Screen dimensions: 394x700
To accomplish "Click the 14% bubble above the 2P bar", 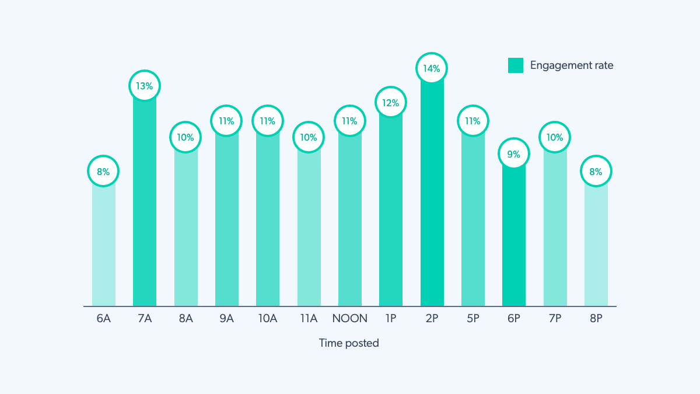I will pyautogui.click(x=432, y=68).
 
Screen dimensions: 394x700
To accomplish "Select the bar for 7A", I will pyautogui.click(x=145, y=204).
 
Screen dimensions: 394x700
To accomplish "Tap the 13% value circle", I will pyautogui.click(x=145, y=86).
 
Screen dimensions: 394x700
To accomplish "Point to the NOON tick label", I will pyautogui.click(x=350, y=319).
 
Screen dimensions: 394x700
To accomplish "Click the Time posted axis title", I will pyautogui.click(x=349, y=343).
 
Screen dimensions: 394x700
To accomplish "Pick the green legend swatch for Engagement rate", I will pyautogui.click(x=516, y=65).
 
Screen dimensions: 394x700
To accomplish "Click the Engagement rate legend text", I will pyautogui.click(x=572, y=65).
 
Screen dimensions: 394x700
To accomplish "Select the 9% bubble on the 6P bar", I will pyautogui.click(x=513, y=155).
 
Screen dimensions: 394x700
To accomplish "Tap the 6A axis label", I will pyautogui.click(x=104, y=319).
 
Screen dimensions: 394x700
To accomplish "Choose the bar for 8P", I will pyautogui.click(x=596, y=245).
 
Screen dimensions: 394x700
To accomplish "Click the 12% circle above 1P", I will pyautogui.click(x=391, y=103).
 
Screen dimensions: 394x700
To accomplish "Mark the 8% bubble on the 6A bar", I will pyautogui.click(x=103, y=172).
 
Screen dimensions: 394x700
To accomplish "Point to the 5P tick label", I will pyautogui.click(x=473, y=319).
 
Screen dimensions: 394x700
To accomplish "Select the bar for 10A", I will pyautogui.click(x=268, y=222).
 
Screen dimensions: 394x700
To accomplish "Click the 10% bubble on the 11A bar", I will pyautogui.click(x=309, y=138).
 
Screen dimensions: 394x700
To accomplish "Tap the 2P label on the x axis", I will pyautogui.click(x=432, y=319).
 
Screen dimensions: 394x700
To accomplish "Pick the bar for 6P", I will pyautogui.click(x=513, y=239).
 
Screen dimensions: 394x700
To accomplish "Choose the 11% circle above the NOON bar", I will pyautogui.click(x=349, y=121).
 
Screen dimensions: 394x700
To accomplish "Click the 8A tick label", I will pyautogui.click(x=185, y=319).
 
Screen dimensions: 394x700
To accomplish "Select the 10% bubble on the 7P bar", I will pyautogui.click(x=555, y=138).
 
